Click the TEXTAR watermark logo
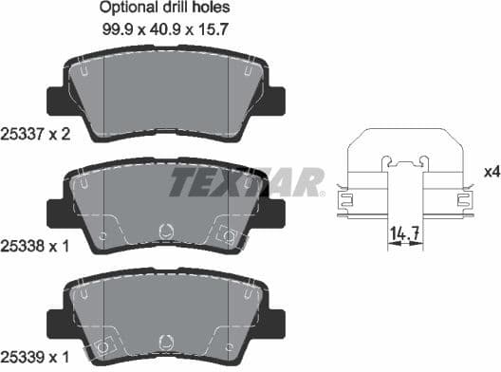[245, 181]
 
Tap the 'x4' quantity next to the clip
[492, 172]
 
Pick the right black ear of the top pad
[277, 98]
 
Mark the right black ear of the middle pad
[277, 208]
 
